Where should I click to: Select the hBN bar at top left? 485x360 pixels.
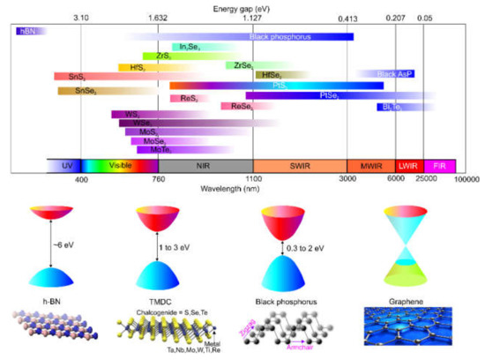click(28, 31)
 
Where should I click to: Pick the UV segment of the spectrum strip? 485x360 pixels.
click(63, 165)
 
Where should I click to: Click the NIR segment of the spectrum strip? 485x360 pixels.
click(205, 165)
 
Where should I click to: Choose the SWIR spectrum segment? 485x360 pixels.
click(300, 165)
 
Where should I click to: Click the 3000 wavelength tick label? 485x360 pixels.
click(347, 180)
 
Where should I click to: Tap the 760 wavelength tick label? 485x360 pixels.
click(159, 180)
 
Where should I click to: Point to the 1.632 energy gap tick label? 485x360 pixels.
click(159, 17)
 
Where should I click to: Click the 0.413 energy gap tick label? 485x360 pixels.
click(347, 17)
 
